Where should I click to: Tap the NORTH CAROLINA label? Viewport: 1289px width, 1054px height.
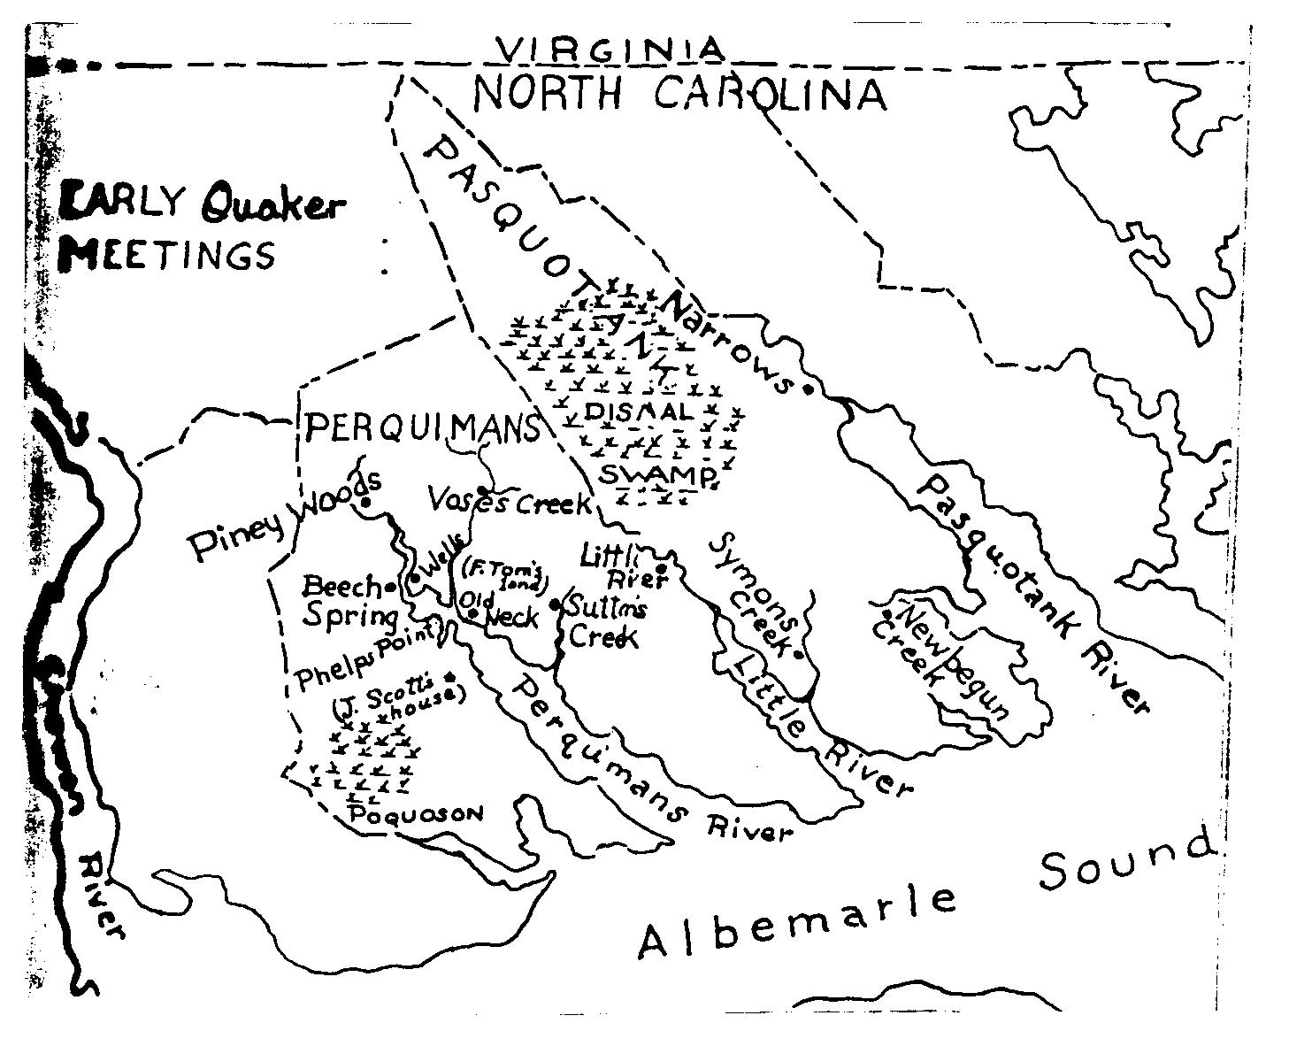tap(679, 94)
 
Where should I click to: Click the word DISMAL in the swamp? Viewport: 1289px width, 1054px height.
tap(637, 412)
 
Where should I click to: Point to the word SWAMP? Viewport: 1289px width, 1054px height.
tap(656, 475)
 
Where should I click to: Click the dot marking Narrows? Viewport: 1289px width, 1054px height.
tap(807, 389)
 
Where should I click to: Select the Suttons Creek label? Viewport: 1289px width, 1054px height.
tap(602, 622)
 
